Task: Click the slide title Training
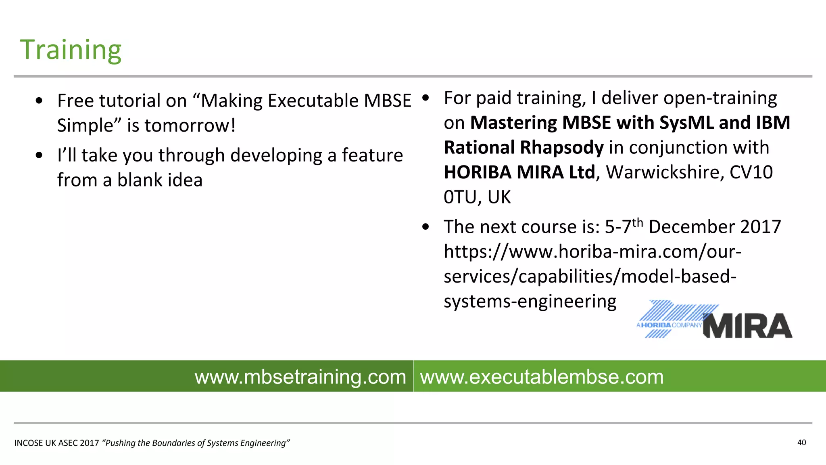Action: [71, 50]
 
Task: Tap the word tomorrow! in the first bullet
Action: [190, 126]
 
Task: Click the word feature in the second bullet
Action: [372, 155]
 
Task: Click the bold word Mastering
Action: [513, 123]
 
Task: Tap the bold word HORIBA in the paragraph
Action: [478, 173]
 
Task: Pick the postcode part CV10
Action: [751, 173]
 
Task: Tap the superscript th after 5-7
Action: [638, 222]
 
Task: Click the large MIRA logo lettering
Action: [747, 326]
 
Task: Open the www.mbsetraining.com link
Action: [300, 377]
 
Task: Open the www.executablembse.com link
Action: [542, 377]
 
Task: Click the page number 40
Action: [801, 443]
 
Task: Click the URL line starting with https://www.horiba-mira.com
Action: [592, 252]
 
